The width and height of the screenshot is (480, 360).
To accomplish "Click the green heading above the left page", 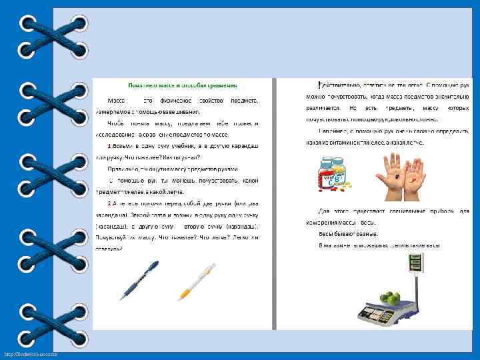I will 182,86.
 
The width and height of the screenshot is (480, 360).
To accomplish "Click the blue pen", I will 139,279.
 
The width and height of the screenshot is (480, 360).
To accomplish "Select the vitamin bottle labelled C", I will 328,175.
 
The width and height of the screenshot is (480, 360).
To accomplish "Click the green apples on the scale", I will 389,298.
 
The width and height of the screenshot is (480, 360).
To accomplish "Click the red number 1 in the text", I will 110,145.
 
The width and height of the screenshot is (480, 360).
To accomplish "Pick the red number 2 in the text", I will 110,202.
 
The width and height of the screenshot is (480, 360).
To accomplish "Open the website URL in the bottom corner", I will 29,353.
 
